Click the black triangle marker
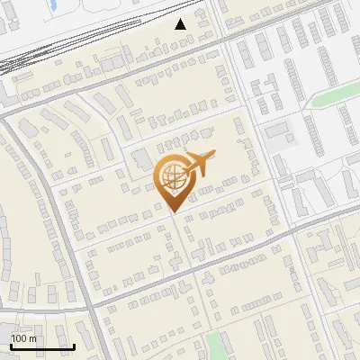click(x=181, y=23)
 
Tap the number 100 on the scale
click(x=19, y=338)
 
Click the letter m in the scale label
click(x=32, y=338)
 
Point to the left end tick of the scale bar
click(x=11, y=346)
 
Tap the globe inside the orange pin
click(x=172, y=177)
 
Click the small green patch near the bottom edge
click(x=215, y=345)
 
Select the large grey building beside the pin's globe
click(x=141, y=160)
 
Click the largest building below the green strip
click(x=306, y=188)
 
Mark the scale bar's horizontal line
click(x=42, y=347)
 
